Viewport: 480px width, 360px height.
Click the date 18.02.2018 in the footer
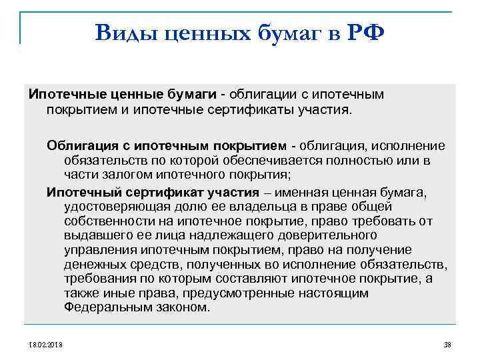pyautogui.click(x=45, y=343)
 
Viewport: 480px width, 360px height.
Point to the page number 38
pyautogui.click(x=447, y=343)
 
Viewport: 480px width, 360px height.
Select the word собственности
pyautogui.click(x=107, y=221)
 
